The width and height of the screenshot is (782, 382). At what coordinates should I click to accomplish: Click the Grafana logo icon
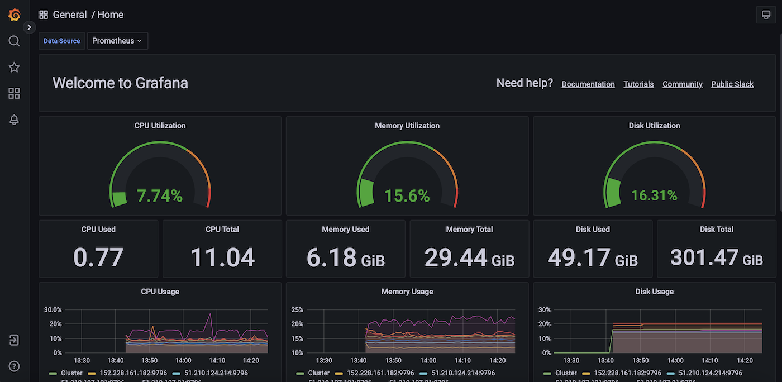(x=15, y=15)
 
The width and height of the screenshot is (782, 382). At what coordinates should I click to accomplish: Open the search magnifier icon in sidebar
(x=15, y=41)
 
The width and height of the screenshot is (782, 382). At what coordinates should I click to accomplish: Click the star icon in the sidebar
(x=15, y=68)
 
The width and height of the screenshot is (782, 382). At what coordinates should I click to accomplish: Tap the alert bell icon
(x=15, y=120)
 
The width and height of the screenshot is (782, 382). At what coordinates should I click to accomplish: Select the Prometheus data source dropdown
(x=117, y=41)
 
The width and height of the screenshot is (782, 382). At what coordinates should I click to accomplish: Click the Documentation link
(x=588, y=84)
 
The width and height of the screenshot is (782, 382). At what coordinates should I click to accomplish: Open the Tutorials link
(x=638, y=84)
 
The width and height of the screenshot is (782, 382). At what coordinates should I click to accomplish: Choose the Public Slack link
(x=732, y=84)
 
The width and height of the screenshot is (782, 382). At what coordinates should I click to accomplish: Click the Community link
(x=682, y=84)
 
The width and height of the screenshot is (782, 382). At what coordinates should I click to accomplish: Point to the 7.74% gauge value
(x=160, y=196)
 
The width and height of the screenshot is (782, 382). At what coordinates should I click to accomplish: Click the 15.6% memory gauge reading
(x=407, y=196)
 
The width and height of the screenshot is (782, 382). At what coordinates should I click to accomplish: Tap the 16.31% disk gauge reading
(x=654, y=196)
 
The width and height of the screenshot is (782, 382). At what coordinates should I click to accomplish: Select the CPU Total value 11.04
(x=222, y=257)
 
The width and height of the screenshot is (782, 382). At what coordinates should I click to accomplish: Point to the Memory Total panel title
(x=469, y=230)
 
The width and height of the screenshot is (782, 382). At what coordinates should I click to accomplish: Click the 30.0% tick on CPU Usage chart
(x=53, y=310)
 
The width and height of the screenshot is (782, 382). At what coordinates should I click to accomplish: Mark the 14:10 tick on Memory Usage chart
(x=462, y=361)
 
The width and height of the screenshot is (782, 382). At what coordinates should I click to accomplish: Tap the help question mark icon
(x=15, y=366)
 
